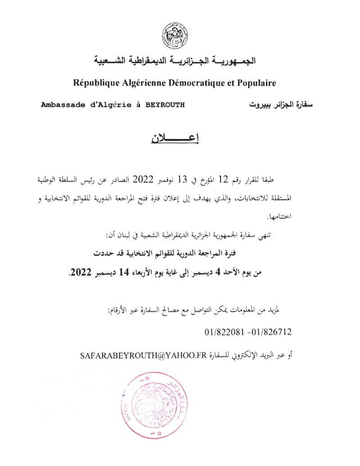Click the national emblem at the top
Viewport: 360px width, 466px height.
(x=175, y=36)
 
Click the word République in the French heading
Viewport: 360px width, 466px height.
(x=95, y=83)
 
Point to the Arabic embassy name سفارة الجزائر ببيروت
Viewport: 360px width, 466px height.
(x=281, y=105)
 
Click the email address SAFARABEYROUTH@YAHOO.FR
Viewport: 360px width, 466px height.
(x=143, y=355)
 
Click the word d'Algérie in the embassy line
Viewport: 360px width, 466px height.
(x=108, y=105)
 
